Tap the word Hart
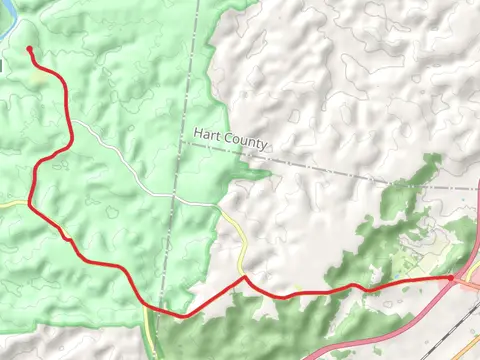208,139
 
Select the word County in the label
245,146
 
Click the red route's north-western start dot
30,49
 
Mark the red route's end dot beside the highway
453,278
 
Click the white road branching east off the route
110,150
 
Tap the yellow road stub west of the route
12,203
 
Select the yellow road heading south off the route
150,330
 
